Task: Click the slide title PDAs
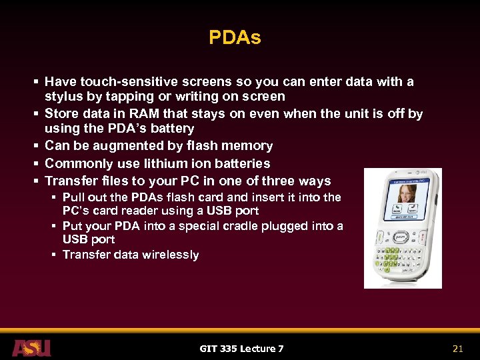pyautogui.click(x=235, y=38)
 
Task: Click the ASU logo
pyautogui.click(x=31, y=347)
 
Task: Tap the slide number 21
pyautogui.click(x=457, y=348)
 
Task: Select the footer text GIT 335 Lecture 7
pyautogui.click(x=241, y=348)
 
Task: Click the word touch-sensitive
pyautogui.click(x=124, y=82)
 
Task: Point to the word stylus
pyautogui.click(x=63, y=97)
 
